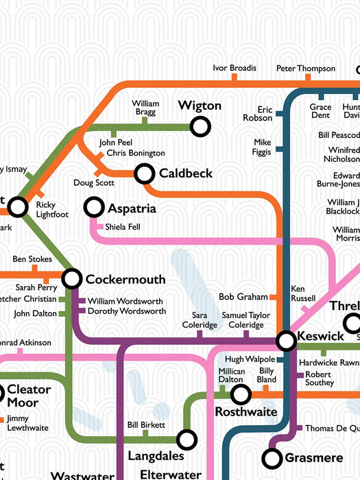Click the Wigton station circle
[200, 126]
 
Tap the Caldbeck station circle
[144, 174]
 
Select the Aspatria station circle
[93, 206]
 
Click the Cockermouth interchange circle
[72, 278]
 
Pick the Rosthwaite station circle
[240, 394]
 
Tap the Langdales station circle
[186, 439]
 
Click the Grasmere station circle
[273, 457]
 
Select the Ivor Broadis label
[234, 68]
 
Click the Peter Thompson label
[306, 68]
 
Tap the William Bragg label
[145, 107]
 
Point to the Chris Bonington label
[136, 153]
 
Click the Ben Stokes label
[32, 259]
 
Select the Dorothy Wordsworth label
[126, 311]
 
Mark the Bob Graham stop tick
[272, 297]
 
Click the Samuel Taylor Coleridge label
[246, 319]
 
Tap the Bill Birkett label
[145, 424]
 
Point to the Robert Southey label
[320, 379]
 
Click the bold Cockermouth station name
[125, 279]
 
